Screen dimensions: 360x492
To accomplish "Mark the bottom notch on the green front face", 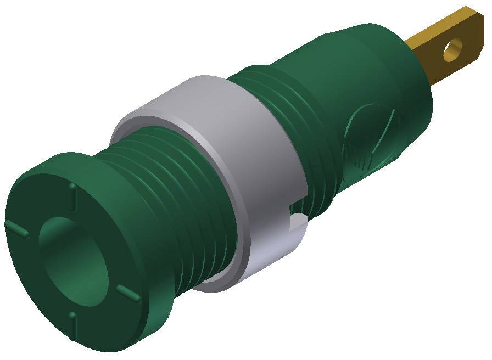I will click(x=72, y=317).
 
